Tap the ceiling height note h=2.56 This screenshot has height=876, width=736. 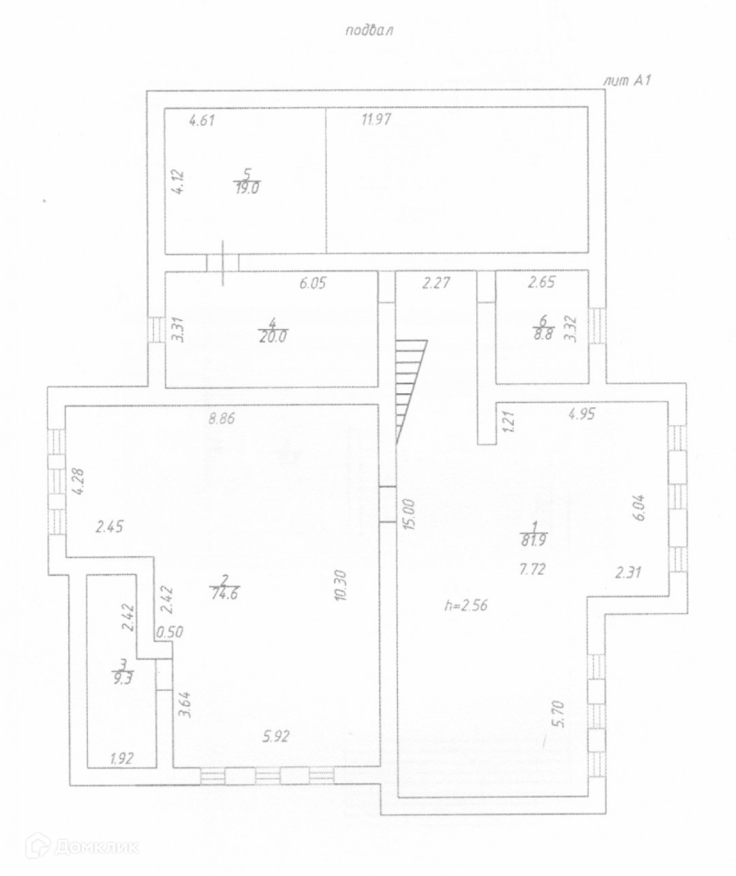point(466,604)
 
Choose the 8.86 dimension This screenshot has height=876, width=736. point(221,419)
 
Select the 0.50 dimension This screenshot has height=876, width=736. point(170,631)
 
